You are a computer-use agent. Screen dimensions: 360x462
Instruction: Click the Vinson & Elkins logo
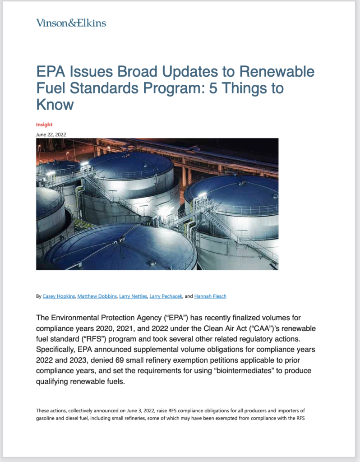(x=71, y=23)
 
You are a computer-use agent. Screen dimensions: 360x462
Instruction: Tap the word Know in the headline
(x=55, y=104)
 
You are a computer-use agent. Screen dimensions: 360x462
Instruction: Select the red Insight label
(x=44, y=125)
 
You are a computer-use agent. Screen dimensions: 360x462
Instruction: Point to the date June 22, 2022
(x=51, y=134)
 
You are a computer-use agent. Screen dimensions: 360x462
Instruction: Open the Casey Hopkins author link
(x=59, y=296)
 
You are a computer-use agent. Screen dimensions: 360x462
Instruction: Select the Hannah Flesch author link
(x=210, y=296)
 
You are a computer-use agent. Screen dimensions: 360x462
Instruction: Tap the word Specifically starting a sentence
(x=55, y=350)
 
